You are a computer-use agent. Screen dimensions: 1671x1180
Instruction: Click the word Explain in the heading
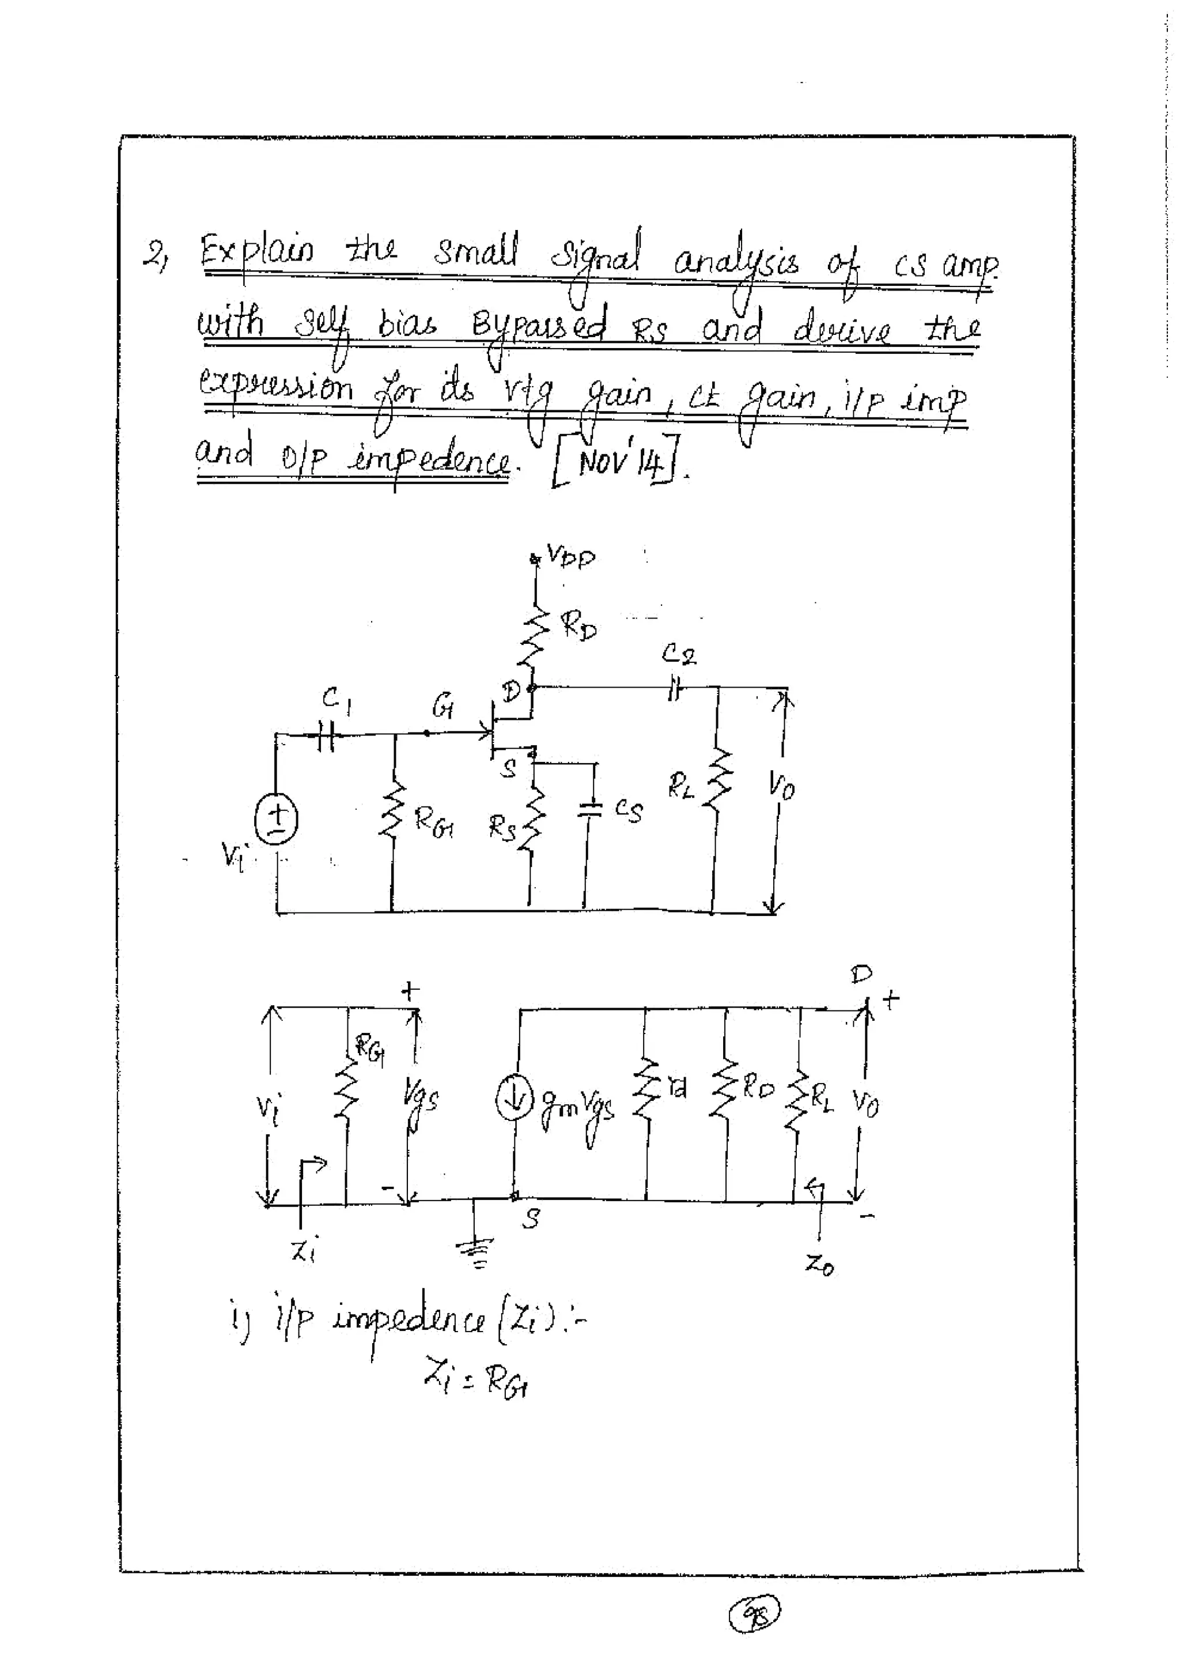pyautogui.click(x=258, y=253)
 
